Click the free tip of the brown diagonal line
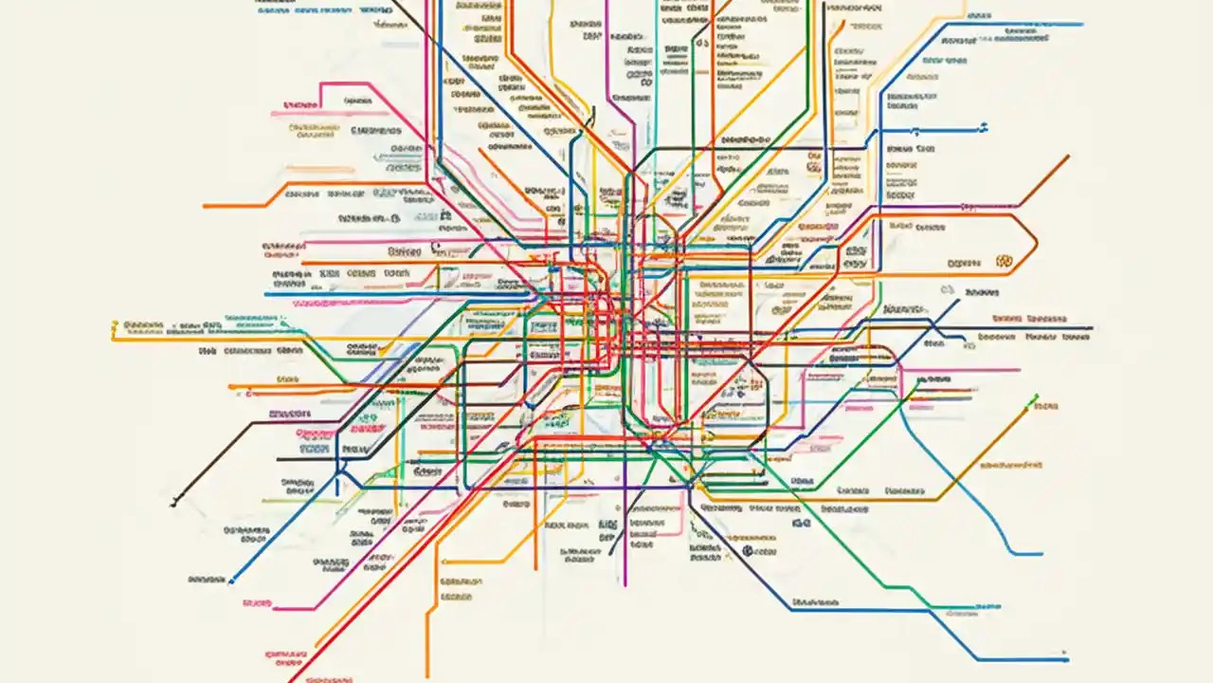[1069, 156]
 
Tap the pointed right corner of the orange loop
[1038, 238]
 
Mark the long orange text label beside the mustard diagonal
[1012, 466]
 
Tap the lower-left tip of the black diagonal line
[172, 505]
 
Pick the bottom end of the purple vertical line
[625, 584]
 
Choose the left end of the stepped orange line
[205, 206]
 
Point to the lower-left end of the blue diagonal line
[230, 581]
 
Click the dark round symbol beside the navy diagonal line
[747, 550]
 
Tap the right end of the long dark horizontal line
[1092, 328]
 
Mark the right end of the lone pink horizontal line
[1020, 370]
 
